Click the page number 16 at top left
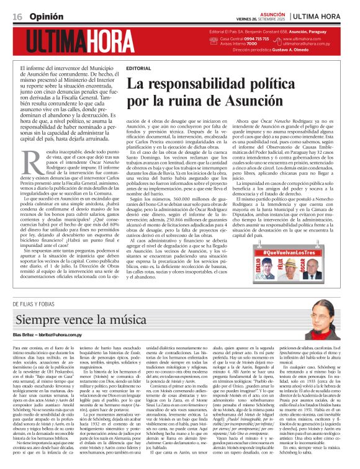coord(17,15)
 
